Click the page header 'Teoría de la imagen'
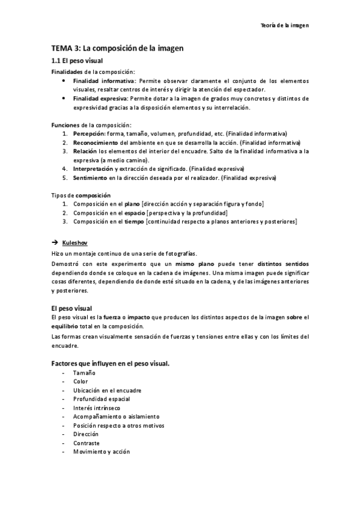(x=284, y=25)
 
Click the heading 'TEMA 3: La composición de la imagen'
(x=117, y=48)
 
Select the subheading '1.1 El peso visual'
(x=76, y=61)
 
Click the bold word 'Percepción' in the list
(x=89, y=133)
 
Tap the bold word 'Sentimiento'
(x=90, y=178)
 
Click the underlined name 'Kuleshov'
(x=75, y=241)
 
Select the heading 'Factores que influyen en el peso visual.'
(x=110, y=363)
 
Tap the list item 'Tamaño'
(x=84, y=373)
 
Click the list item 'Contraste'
(x=87, y=443)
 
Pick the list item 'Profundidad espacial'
(x=102, y=399)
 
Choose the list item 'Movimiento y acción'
(x=101, y=452)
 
